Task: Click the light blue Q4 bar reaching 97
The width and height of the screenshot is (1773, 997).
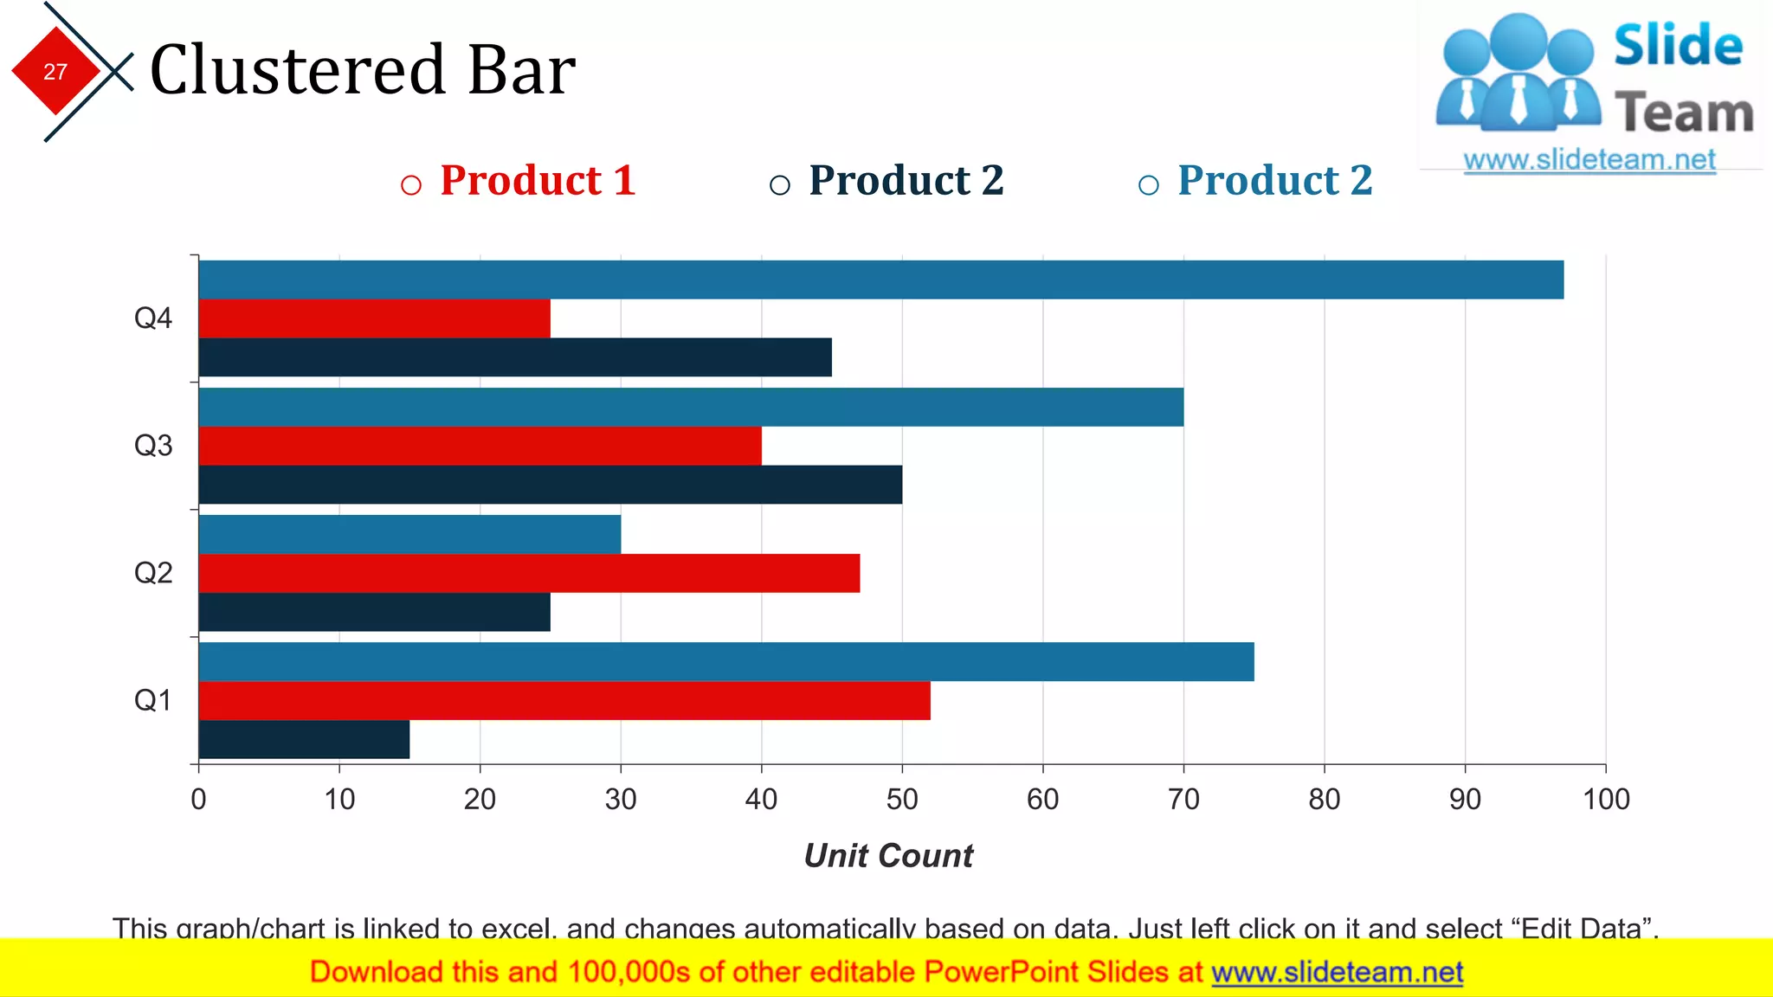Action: click(x=881, y=280)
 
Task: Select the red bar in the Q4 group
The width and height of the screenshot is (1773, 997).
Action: click(x=374, y=318)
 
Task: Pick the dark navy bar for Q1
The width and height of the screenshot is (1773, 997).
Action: click(x=304, y=739)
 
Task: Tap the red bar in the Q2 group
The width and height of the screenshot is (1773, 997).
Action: click(x=529, y=573)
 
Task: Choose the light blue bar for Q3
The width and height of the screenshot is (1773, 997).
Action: click(x=691, y=407)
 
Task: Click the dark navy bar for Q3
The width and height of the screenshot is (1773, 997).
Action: click(x=551, y=485)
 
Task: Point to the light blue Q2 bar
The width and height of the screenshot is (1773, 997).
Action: click(x=409, y=534)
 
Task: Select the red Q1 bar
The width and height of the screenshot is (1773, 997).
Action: click(x=564, y=700)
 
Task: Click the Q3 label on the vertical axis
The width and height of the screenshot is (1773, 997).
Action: click(x=153, y=446)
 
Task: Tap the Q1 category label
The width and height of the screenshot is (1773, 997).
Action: click(x=153, y=700)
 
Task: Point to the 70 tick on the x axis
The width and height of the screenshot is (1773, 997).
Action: click(x=1183, y=799)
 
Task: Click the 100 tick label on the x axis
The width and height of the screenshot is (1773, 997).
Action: click(x=1606, y=799)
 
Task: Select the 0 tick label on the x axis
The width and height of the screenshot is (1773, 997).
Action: click(x=199, y=799)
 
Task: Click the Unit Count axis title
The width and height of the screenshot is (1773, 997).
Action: click(x=888, y=856)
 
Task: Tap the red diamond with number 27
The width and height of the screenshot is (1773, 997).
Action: click(x=55, y=71)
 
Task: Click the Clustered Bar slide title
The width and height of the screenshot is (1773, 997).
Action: click(x=363, y=69)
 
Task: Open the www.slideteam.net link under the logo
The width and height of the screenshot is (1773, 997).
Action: click(x=1589, y=160)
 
